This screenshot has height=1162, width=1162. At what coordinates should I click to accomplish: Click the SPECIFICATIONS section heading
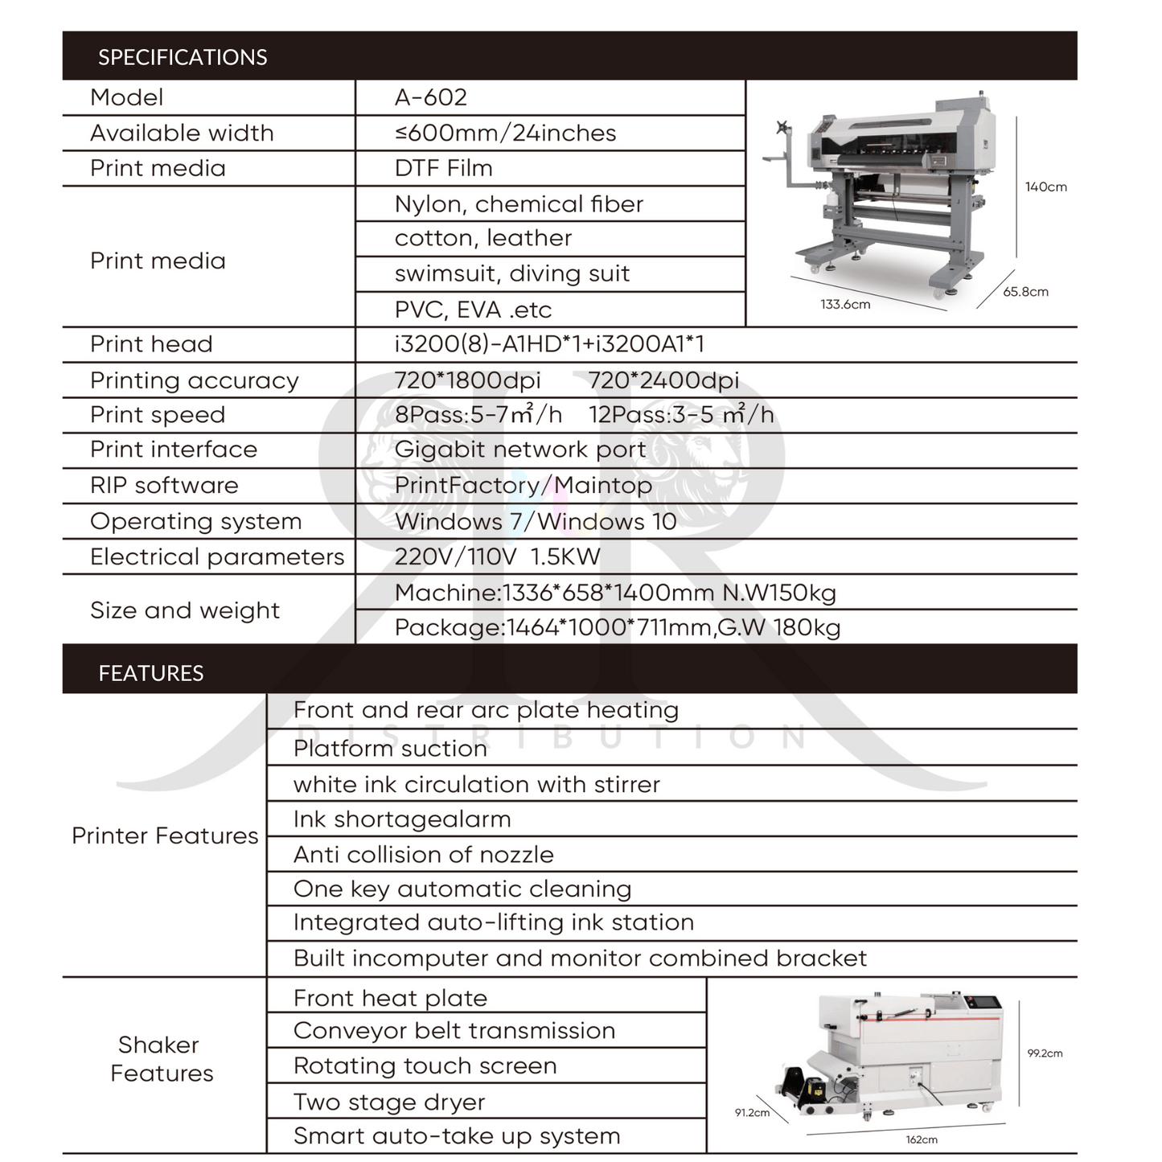(x=183, y=57)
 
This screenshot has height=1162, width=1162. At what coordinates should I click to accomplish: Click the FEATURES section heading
(x=151, y=673)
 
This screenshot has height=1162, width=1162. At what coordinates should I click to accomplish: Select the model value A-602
(x=431, y=97)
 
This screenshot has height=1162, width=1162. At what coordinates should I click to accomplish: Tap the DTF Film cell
(x=443, y=168)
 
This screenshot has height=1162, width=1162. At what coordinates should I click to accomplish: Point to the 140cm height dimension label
(x=1045, y=187)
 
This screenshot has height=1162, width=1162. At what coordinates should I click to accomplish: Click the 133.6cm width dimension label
(x=845, y=304)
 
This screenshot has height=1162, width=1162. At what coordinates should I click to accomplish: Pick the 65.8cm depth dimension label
(x=1025, y=292)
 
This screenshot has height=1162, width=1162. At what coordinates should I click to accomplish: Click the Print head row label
(x=151, y=344)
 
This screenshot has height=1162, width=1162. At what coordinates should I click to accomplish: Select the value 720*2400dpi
(x=663, y=380)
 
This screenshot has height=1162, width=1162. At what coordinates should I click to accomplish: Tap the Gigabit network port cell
(x=519, y=450)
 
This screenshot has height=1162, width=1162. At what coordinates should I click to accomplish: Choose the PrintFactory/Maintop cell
(x=524, y=486)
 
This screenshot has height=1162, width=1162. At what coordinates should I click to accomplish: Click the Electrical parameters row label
(x=217, y=556)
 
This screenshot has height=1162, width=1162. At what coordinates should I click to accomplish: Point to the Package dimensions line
(x=617, y=627)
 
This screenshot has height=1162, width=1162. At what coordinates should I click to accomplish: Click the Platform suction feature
(x=390, y=749)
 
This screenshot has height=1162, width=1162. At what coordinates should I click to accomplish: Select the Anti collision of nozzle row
(x=423, y=854)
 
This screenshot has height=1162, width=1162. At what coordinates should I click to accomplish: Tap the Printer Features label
(x=165, y=836)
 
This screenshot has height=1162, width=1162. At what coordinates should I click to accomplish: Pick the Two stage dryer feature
(x=389, y=1102)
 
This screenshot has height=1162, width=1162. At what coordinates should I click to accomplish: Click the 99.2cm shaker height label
(x=1045, y=1053)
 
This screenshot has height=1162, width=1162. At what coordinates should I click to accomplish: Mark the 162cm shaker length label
(x=922, y=1139)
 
